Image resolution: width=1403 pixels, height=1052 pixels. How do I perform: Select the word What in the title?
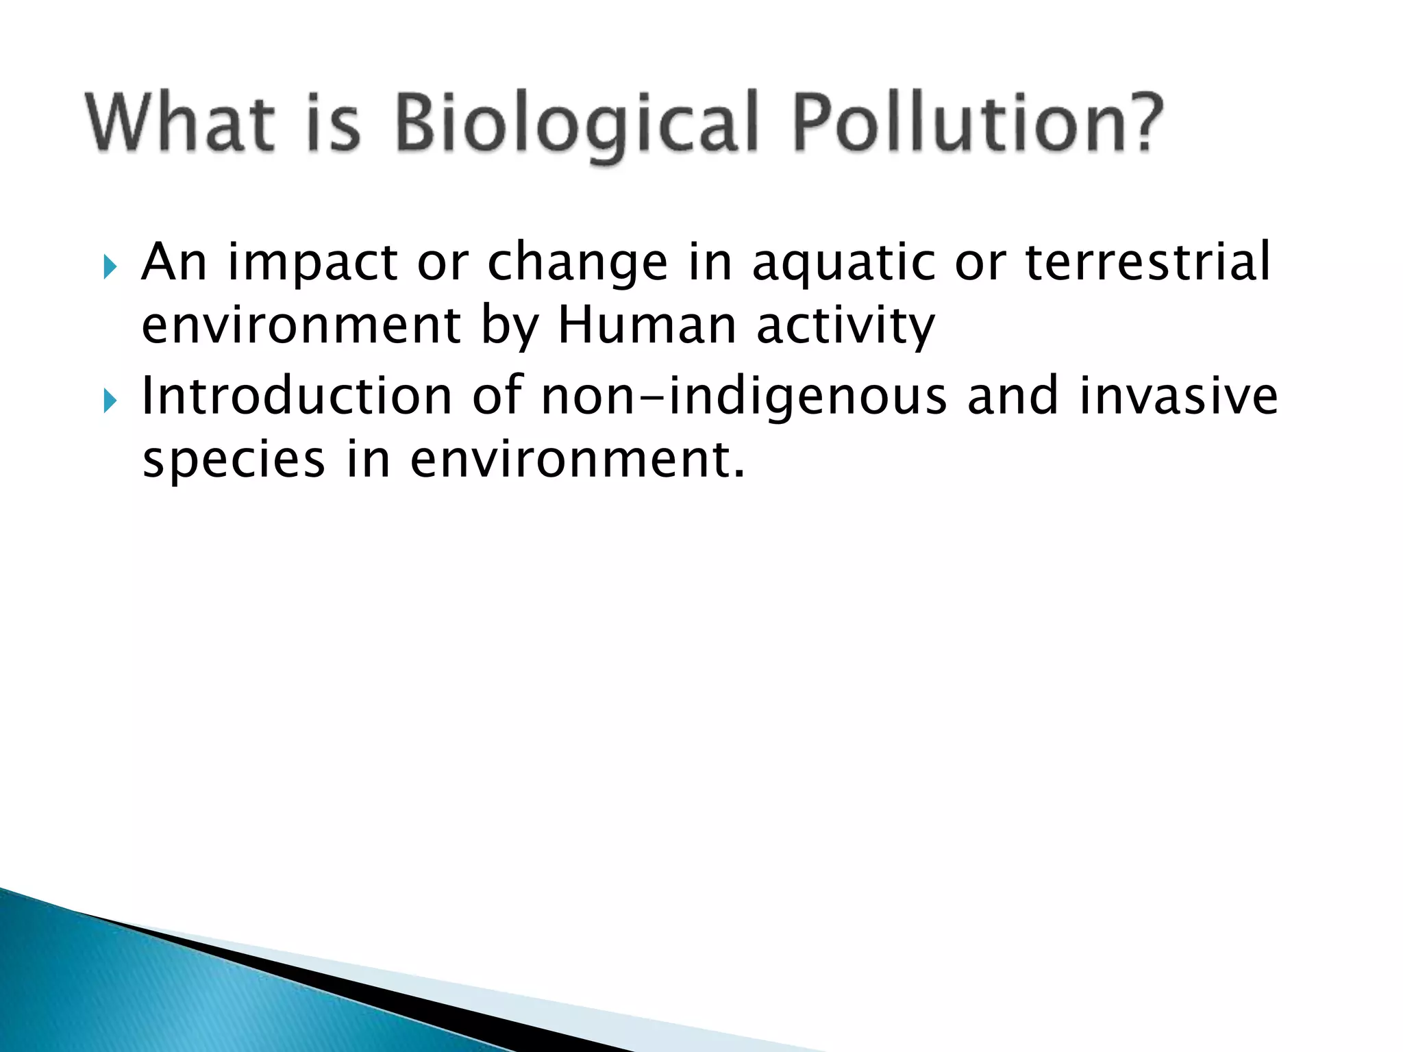(x=179, y=123)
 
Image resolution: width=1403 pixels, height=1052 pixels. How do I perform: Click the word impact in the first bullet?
(x=312, y=264)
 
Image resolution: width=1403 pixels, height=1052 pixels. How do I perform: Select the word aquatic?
(x=843, y=264)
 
